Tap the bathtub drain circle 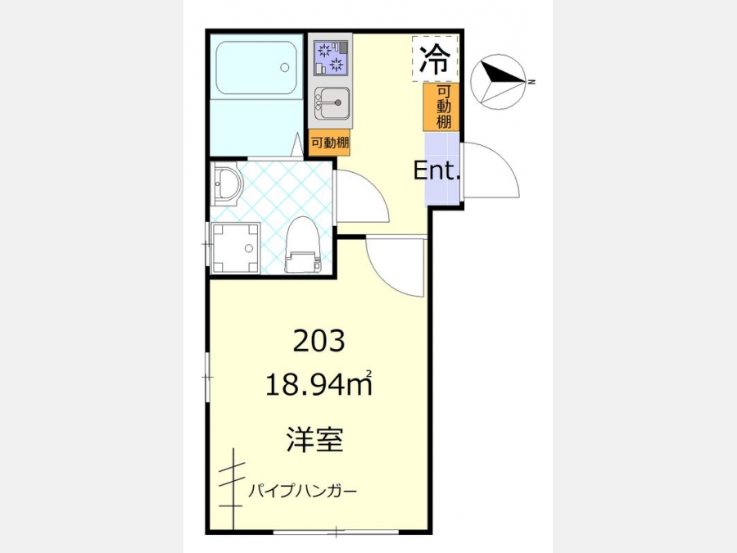[284, 67]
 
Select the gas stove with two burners [332, 58]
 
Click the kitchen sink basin [333, 102]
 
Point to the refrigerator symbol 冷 [435, 58]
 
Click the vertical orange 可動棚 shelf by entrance [441, 107]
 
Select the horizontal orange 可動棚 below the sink [330, 142]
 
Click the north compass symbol [498, 82]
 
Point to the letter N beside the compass [531, 82]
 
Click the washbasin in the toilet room [227, 184]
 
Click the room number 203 [319, 341]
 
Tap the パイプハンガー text [303, 492]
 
